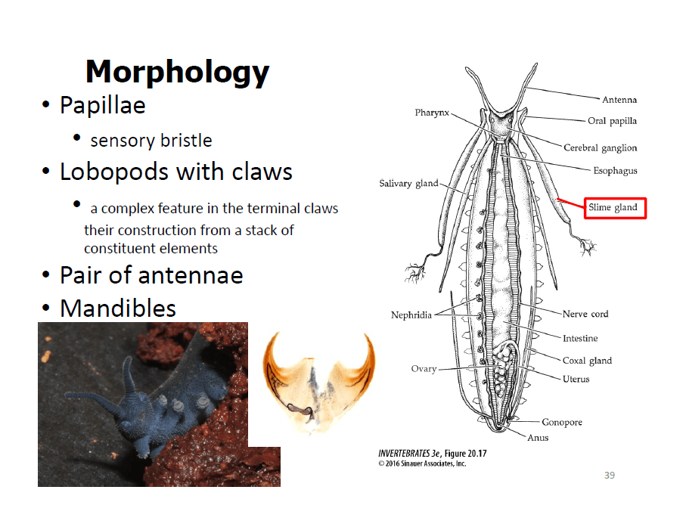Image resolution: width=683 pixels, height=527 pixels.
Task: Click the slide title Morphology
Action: pos(177,72)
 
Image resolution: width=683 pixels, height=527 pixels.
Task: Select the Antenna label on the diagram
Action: pos(619,100)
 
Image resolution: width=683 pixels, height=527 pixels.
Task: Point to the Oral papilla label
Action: pos(612,121)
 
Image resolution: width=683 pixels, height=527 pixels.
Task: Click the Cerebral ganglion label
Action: pos(600,148)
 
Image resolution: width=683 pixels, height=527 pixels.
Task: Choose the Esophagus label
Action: pos(615,171)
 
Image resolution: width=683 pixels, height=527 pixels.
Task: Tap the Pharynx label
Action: pos(432,113)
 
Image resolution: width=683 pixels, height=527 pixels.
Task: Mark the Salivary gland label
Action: pos(408,184)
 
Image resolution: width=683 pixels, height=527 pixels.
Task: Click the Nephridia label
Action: pos(411,315)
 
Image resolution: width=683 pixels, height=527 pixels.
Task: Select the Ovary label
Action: pos(424,369)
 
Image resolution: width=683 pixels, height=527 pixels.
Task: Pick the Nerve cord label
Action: pos(585,314)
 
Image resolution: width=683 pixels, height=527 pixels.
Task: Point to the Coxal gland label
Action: pos(587,361)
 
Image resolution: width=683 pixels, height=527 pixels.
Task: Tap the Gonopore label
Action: pos(561,422)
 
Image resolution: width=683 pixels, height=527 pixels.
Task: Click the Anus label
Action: pos(538,438)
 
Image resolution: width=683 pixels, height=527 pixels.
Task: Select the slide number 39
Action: pos(610,475)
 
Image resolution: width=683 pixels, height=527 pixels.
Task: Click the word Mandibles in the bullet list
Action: pos(117,308)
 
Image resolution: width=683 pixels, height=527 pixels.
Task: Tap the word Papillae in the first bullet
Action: pos(102,105)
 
